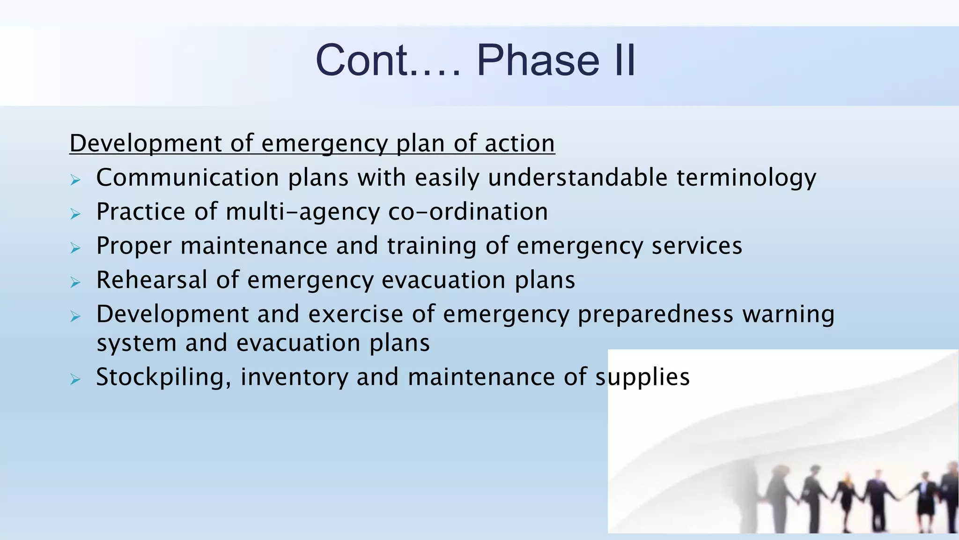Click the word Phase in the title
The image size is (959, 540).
[538, 60]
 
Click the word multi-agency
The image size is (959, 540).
[302, 212]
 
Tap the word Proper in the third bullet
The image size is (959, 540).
[134, 247]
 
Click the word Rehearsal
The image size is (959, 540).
[152, 280]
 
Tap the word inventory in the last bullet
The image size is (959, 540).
[295, 378]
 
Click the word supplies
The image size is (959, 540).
[642, 378]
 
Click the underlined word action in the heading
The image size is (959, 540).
[520, 143]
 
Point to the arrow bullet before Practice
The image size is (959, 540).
[75, 214]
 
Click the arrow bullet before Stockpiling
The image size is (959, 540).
[75, 379]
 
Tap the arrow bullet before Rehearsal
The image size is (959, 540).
[75, 282]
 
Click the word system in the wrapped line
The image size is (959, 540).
[136, 344]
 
